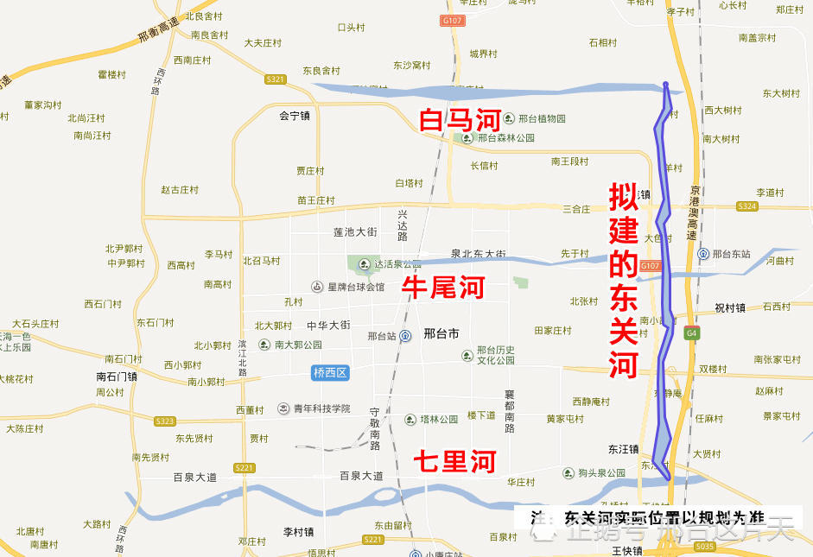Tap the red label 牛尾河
click(444, 288)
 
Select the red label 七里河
click(454, 462)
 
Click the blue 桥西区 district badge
click(329, 372)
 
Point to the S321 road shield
click(276, 79)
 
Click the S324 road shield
click(747, 206)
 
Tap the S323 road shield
click(164, 421)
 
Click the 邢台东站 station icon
click(704, 254)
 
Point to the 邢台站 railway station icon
click(404, 336)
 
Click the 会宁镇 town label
click(294, 115)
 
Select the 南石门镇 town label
click(117, 377)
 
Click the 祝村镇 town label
click(729, 307)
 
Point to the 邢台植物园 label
click(543, 118)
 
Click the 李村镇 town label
click(298, 532)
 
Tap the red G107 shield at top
click(450, 20)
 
